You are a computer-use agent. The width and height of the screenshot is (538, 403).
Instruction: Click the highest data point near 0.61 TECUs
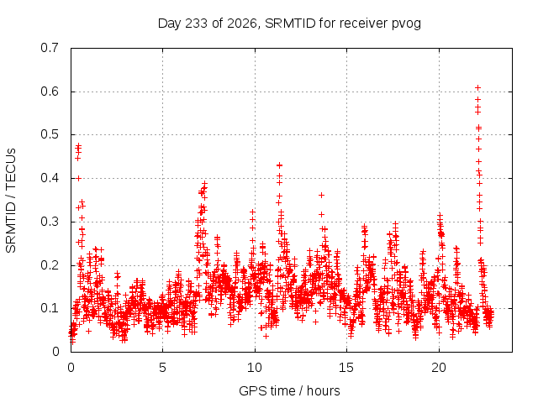point(477,88)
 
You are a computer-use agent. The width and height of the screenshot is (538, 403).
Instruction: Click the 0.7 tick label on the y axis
point(50,48)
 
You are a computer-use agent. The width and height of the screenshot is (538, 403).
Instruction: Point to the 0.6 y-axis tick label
point(50,92)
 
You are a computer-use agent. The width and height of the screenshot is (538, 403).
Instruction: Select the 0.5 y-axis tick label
point(50,134)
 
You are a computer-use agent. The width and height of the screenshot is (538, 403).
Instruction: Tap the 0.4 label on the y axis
point(50,178)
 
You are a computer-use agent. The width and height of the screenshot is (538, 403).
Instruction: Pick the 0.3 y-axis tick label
point(50,222)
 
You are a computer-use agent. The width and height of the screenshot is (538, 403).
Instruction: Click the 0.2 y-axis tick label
point(50,265)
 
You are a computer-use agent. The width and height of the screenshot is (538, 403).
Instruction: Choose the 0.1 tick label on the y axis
point(50,308)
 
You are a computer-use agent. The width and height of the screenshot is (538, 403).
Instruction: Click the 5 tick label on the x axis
point(162,368)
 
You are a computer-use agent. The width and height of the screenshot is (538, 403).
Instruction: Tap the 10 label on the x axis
point(255,368)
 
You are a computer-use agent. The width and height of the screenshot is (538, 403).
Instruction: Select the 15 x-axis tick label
point(346,368)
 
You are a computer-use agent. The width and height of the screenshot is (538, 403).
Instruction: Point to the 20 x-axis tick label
point(439,368)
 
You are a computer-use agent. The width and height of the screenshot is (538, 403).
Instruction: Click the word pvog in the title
point(406,24)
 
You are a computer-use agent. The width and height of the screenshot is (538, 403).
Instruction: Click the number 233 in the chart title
point(196,24)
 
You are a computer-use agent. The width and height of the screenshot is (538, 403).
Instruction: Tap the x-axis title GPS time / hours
point(289,391)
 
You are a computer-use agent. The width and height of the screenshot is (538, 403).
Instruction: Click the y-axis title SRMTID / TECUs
point(11,201)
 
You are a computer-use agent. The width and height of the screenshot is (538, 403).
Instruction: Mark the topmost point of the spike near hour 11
point(280,165)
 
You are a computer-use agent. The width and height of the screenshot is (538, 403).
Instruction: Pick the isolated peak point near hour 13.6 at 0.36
point(321,196)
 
